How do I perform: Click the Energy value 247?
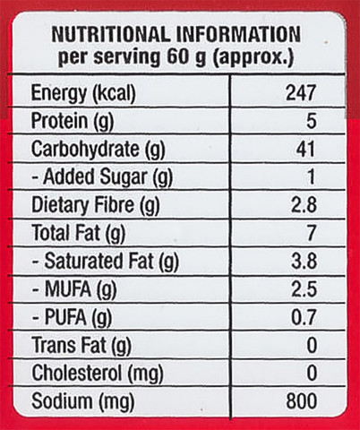(301, 93)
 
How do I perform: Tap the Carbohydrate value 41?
(305, 149)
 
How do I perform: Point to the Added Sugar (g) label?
(102, 178)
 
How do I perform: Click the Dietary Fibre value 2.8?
(304, 205)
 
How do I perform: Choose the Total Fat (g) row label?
(79, 234)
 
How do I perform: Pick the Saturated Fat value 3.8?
(304, 261)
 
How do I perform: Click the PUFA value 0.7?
(304, 317)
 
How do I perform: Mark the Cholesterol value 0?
(312, 374)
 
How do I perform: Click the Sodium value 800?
(302, 401)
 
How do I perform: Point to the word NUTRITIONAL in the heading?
(111, 34)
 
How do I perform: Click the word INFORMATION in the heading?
(238, 34)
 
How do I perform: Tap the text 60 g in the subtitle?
(186, 57)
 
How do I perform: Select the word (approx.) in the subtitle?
(253, 57)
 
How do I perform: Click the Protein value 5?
(311, 121)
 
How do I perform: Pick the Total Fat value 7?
(312, 233)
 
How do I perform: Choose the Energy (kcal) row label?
(83, 94)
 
